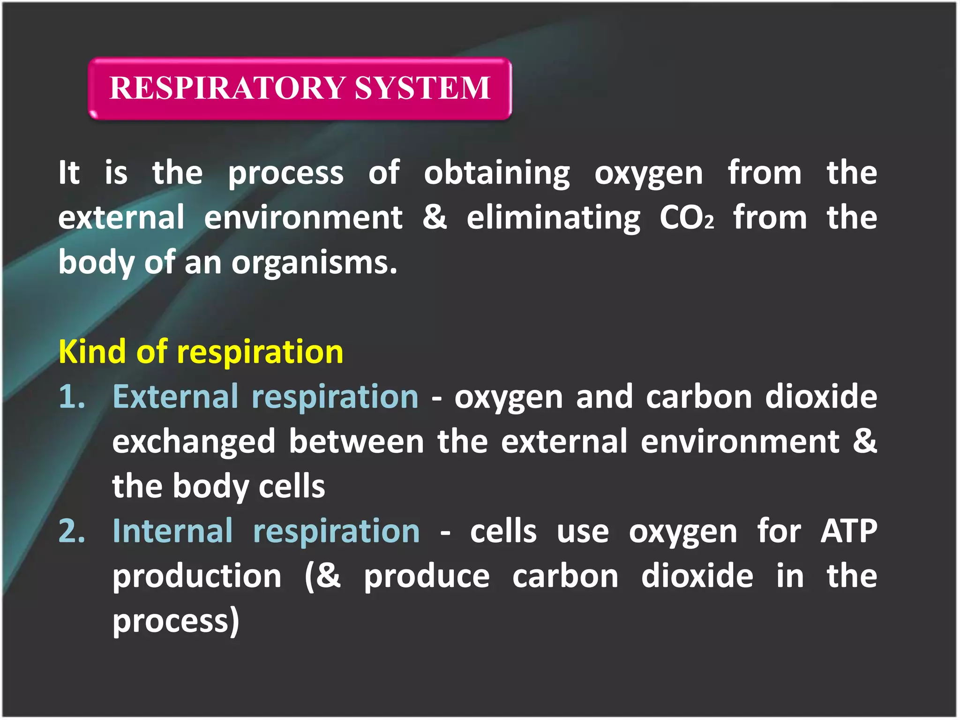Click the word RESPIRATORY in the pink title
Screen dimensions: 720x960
tap(227, 88)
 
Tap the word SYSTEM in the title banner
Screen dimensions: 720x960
tap(422, 88)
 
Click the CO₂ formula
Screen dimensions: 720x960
tap(687, 218)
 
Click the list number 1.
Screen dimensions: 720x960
tap(72, 397)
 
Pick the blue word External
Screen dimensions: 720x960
tap(175, 397)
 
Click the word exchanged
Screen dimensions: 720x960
tap(194, 442)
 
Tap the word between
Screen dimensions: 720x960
tap(356, 442)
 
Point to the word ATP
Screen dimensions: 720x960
tap(849, 532)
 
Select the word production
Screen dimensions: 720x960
tap(197, 577)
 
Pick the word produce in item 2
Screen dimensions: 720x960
tap(427, 577)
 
